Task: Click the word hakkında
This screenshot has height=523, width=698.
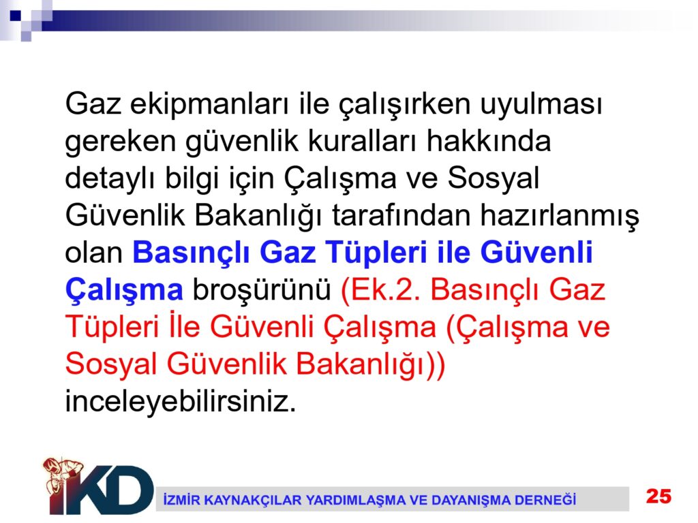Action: (x=488, y=142)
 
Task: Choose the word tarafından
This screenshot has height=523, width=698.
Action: (x=401, y=216)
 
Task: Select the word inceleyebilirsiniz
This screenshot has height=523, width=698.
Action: (x=181, y=402)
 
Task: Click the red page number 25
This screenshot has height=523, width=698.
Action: (x=659, y=496)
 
